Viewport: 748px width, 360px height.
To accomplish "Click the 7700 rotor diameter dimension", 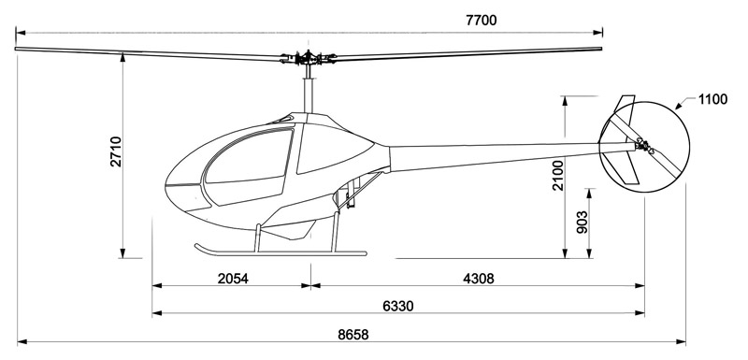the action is [481, 21].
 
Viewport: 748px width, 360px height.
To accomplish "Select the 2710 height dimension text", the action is [116, 151].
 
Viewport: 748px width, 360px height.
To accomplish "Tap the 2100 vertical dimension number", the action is [557, 176].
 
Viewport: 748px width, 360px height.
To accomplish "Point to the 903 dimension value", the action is [582, 223].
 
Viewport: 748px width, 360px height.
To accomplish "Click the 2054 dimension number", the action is [233, 279].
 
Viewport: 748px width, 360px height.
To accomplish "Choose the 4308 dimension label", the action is [479, 279].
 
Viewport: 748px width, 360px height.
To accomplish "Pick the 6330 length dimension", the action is [398, 306].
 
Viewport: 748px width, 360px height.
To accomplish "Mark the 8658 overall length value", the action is [353, 335].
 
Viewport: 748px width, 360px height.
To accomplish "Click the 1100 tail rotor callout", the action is [712, 100].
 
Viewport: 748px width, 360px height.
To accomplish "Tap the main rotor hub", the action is [309, 58].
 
